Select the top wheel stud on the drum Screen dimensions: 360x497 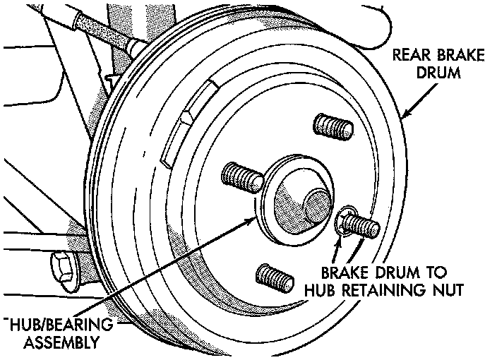tap(334, 126)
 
